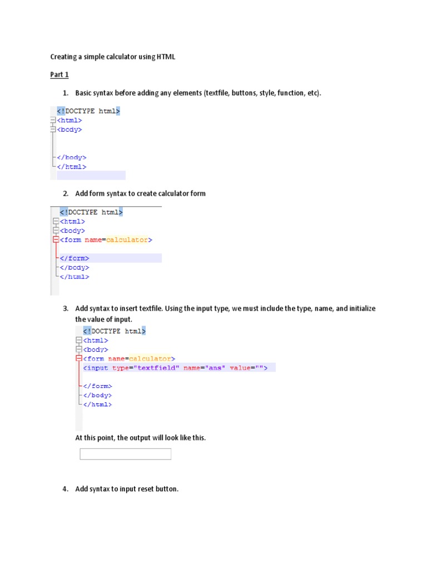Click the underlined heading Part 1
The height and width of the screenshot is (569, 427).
(59, 74)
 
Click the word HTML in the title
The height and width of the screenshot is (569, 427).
(166, 57)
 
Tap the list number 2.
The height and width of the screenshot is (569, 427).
(65, 193)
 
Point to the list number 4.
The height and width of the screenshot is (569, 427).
(65, 489)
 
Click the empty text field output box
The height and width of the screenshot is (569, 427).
(125, 455)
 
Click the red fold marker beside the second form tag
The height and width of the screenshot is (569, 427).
(78, 359)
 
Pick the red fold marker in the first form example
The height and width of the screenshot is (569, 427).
(55, 240)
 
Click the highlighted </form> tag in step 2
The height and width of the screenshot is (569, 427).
(74, 258)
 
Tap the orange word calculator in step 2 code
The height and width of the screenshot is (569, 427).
(127, 240)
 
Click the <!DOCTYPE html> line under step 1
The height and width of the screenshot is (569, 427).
(88, 111)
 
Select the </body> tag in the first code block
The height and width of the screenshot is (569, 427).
(71, 157)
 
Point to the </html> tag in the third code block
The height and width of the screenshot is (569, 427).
(97, 405)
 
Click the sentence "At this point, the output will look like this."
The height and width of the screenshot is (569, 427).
(140, 438)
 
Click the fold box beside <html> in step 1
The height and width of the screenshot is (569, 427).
(53, 120)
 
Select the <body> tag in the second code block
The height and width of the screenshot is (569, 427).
(72, 231)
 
